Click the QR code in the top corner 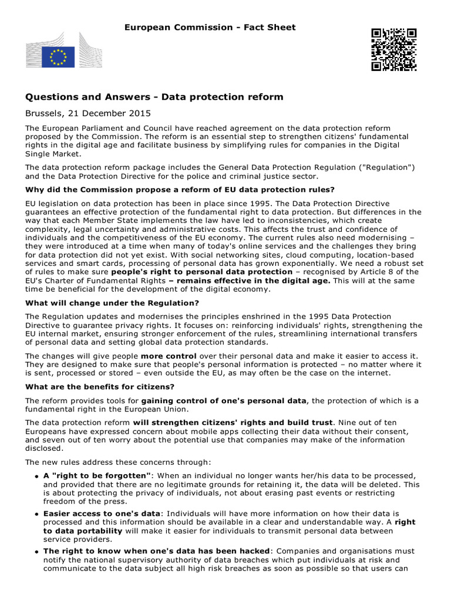coord(393,49)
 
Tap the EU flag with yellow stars coord(58,57)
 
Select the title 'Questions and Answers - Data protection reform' coord(154,97)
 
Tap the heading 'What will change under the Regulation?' coord(112,303)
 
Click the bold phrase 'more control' coord(167,356)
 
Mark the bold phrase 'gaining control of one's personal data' coord(224,400)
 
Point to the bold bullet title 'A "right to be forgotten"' coord(97,475)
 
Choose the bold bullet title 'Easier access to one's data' coord(101,513)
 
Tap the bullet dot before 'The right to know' coord(36,552)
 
